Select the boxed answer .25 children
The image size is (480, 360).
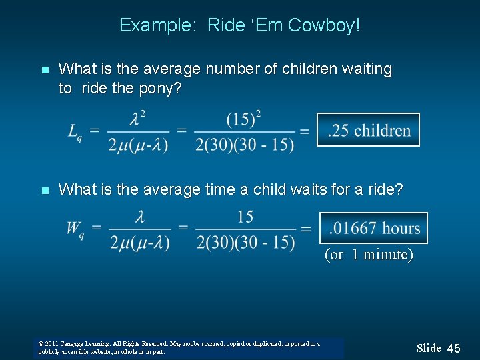[368, 130]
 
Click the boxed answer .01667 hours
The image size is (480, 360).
[373, 228]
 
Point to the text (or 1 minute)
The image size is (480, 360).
[369, 254]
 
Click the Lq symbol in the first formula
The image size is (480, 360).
[75, 131]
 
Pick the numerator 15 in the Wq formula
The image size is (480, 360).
[245, 217]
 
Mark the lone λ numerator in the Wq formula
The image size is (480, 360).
[139, 217]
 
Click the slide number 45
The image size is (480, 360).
[453, 348]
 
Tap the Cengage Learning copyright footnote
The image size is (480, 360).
[179, 347]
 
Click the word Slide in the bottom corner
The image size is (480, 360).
[429, 348]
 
